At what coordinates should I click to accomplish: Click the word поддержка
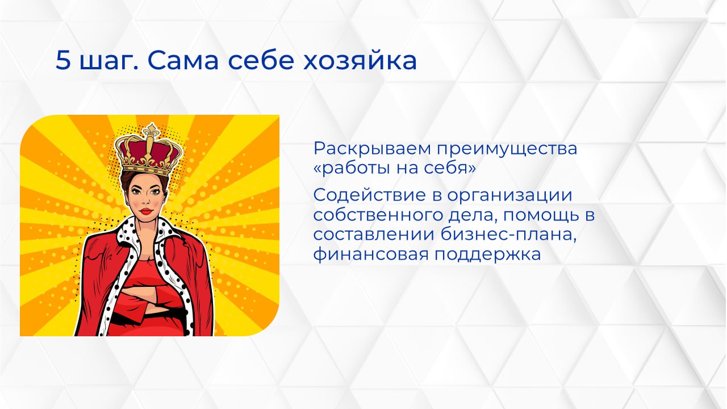point(488,254)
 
